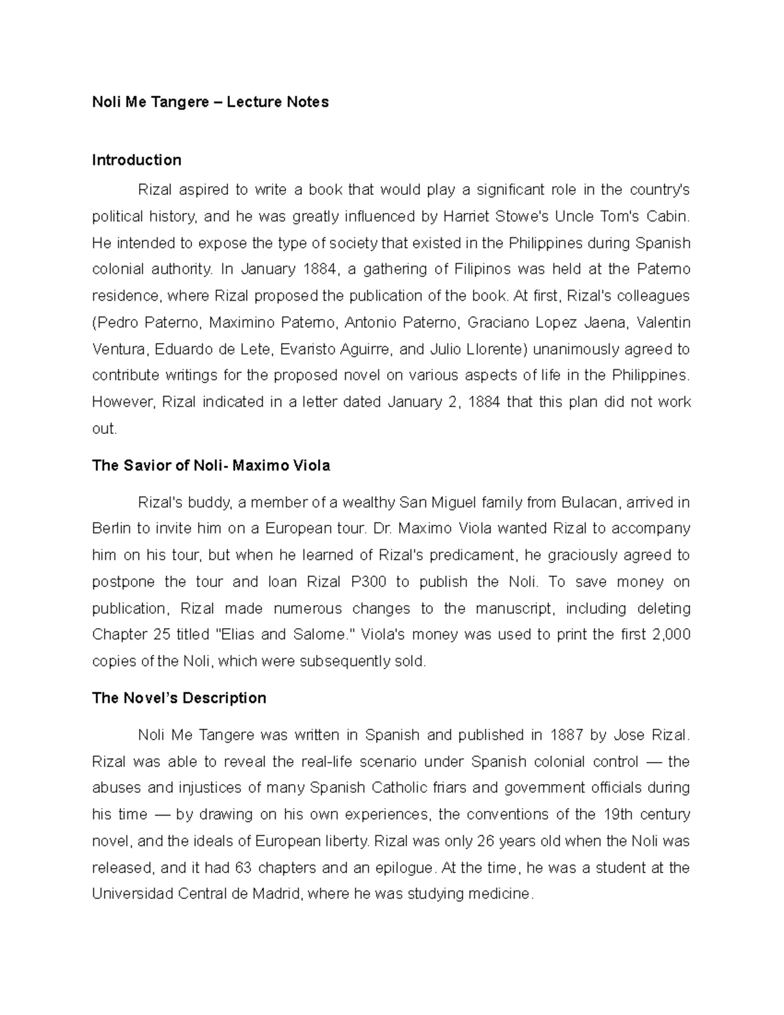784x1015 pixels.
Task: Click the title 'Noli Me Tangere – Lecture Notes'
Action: tap(210, 102)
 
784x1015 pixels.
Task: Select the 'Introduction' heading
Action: tap(137, 160)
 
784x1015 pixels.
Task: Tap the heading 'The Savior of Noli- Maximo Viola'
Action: tap(211, 465)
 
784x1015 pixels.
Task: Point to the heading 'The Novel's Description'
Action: tap(179, 698)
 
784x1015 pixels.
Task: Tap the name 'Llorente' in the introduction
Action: tap(495, 350)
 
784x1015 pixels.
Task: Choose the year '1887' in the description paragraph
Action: tap(566, 735)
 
